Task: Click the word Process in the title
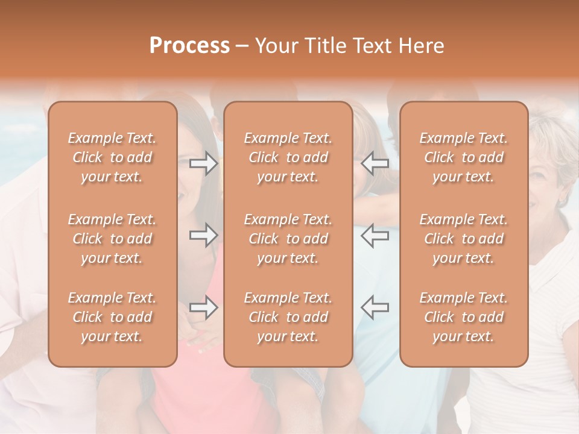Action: click(189, 46)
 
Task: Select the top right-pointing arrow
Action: click(204, 163)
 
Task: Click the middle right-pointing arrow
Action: click(204, 235)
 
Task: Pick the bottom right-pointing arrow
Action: click(204, 307)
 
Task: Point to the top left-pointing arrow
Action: click(375, 163)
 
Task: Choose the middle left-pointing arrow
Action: click(375, 235)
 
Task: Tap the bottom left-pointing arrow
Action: click(375, 307)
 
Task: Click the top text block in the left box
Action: click(112, 157)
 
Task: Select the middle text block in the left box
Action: click(112, 239)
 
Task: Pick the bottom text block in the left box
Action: click(112, 317)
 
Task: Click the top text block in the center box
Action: click(288, 157)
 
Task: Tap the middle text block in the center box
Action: click(288, 239)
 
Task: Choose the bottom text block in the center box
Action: click(288, 317)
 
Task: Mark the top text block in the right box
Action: click(464, 157)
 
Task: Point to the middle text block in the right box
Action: click(464, 239)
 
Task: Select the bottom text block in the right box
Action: click(464, 317)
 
